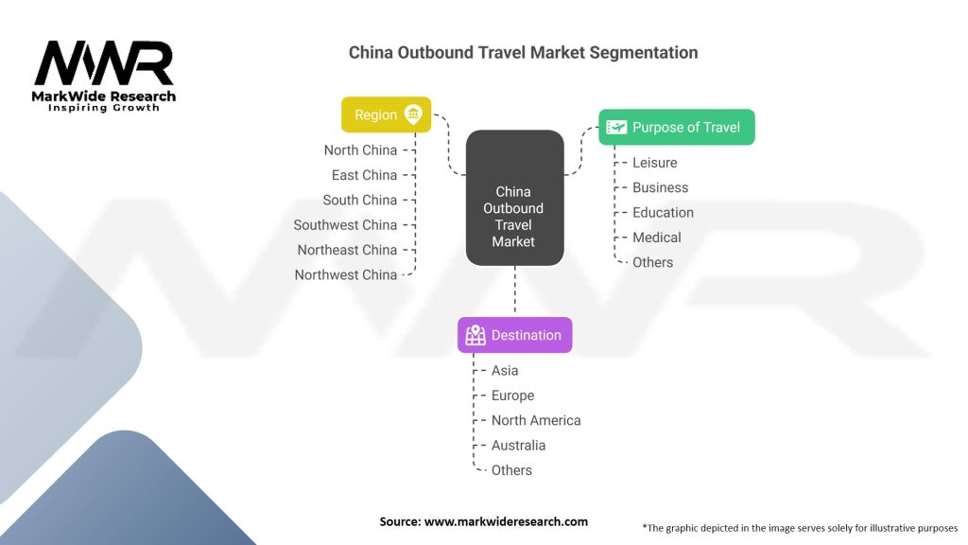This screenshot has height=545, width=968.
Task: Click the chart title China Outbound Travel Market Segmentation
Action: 523,52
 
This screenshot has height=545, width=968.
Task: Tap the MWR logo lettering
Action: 104,64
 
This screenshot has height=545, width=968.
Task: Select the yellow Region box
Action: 386,114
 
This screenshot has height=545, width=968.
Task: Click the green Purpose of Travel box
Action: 677,127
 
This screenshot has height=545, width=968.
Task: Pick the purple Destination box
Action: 514,335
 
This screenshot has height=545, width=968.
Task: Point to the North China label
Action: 360,150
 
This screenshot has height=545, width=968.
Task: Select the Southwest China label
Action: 345,225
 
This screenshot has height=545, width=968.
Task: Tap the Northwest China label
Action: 345,275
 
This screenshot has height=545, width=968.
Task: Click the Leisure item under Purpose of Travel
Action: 654,163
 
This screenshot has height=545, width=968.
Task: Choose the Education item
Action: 663,213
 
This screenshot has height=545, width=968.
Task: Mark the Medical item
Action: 656,237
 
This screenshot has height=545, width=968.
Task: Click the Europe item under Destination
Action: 512,396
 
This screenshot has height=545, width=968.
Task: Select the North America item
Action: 535,420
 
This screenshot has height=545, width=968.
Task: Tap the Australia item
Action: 518,446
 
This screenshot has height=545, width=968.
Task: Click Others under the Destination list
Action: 511,470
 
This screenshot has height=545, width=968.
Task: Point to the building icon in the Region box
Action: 413,114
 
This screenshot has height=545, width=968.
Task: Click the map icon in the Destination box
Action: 475,335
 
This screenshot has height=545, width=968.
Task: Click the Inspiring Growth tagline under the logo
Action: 104,108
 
